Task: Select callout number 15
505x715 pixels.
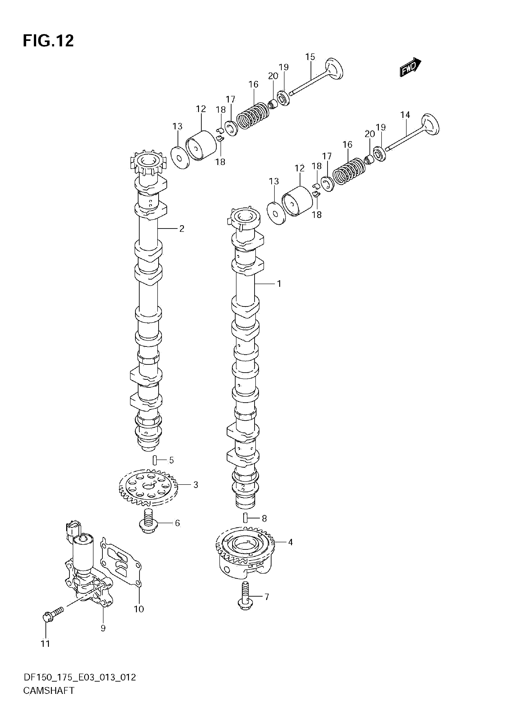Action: (x=310, y=57)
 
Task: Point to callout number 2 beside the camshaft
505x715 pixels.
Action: (x=182, y=229)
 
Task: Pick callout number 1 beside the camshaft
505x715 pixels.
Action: (x=279, y=284)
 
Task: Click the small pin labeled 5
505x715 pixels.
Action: (x=154, y=460)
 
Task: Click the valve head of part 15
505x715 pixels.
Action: (x=334, y=68)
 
